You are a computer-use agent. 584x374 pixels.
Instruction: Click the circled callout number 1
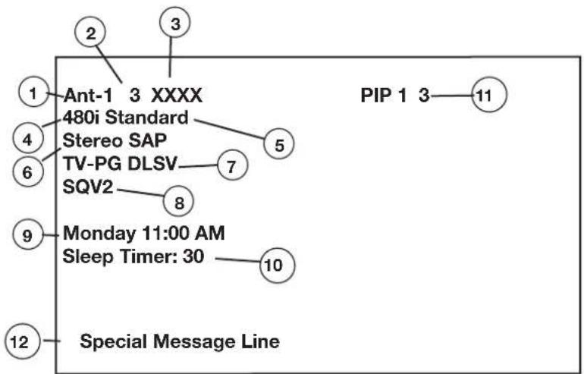point(33,93)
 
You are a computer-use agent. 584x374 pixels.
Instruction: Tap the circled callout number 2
point(90,34)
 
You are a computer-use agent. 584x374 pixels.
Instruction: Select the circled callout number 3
point(175,24)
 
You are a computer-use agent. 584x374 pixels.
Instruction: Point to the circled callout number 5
point(279,144)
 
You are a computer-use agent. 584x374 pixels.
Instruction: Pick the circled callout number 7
point(232,165)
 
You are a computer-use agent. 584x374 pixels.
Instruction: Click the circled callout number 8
point(179,202)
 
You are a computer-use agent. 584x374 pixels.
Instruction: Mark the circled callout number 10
point(277,265)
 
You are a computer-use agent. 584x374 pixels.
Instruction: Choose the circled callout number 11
point(489,95)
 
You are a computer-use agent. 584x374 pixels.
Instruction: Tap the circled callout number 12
point(22,341)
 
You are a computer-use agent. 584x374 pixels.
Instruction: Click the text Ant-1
point(88,96)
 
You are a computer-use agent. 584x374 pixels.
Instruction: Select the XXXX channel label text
point(177,96)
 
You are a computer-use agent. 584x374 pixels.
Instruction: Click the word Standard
point(146,118)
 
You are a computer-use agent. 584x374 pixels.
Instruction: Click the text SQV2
point(88,187)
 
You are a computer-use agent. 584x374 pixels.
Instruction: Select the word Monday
point(99,234)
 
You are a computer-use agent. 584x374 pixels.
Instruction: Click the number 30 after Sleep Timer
point(193,256)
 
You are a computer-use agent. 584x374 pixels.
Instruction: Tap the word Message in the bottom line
point(195,342)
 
